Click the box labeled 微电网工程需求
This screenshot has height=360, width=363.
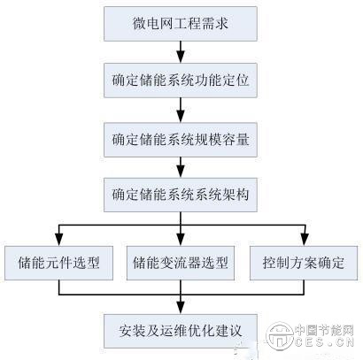[x=181, y=24]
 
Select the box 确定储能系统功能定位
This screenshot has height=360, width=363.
[x=181, y=80]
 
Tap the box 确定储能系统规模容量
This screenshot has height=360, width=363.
[x=181, y=140]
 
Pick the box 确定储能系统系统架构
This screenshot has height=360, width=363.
[x=181, y=195]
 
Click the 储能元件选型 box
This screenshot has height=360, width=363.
[x=58, y=263]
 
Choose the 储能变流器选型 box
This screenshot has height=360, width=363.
[x=181, y=263]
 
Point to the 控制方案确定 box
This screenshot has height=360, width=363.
[x=304, y=263]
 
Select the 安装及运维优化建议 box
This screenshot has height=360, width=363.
[x=181, y=331]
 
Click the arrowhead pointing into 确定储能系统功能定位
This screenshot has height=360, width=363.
[x=181, y=57]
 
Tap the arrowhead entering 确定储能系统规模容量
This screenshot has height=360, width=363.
[x=181, y=117]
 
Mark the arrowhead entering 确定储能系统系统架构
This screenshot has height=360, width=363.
[x=181, y=172]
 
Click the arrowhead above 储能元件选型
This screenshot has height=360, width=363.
[x=59, y=240]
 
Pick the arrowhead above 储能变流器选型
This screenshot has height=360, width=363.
[x=181, y=240]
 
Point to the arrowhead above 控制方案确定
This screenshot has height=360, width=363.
[x=305, y=240]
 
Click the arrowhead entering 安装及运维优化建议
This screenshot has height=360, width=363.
[x=181, y=308]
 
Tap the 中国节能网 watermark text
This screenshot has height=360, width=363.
[x=324, y=330]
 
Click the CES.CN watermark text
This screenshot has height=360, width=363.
[x=324, y=342]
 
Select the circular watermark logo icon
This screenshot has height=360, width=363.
[x=280, y=336]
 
